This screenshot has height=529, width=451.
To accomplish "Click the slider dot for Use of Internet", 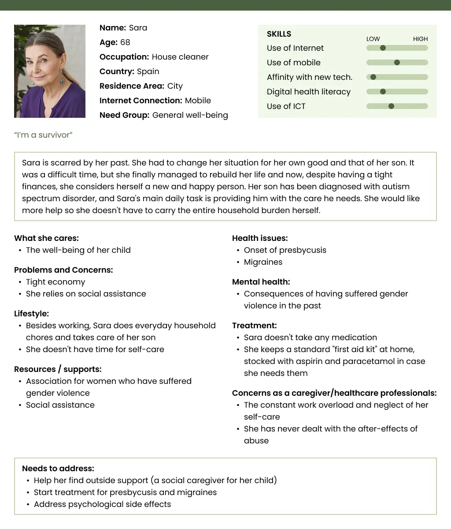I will coord(383,48).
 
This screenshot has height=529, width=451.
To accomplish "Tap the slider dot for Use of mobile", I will coord(397,63).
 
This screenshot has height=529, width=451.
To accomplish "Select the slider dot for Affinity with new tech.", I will coord(373,77).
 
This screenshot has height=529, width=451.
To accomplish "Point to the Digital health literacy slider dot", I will coord(383,92).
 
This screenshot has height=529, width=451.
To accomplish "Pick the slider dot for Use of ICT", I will coord(391,106).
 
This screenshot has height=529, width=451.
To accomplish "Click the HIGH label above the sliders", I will coord(420,39).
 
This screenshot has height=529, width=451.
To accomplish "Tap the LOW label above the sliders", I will coord(373,39).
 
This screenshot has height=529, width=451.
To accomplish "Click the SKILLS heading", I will coord(279,34).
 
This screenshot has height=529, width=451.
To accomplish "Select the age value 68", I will coord(125,42).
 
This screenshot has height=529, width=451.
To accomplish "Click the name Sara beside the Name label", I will coord(138,28).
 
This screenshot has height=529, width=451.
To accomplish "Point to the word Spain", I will coord(148,71).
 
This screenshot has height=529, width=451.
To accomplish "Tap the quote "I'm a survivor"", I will coord(43,135).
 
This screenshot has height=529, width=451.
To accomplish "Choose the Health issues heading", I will coord(260,238).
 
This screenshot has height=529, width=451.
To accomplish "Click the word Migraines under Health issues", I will coord(263,262).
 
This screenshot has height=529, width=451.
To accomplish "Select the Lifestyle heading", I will coord(31,314).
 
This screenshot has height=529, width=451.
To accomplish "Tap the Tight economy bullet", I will coord(55,282).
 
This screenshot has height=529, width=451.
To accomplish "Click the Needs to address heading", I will coord(58,469).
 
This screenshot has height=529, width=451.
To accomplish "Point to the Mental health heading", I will coord(261,282).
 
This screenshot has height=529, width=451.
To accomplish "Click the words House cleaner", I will coord(180,57).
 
